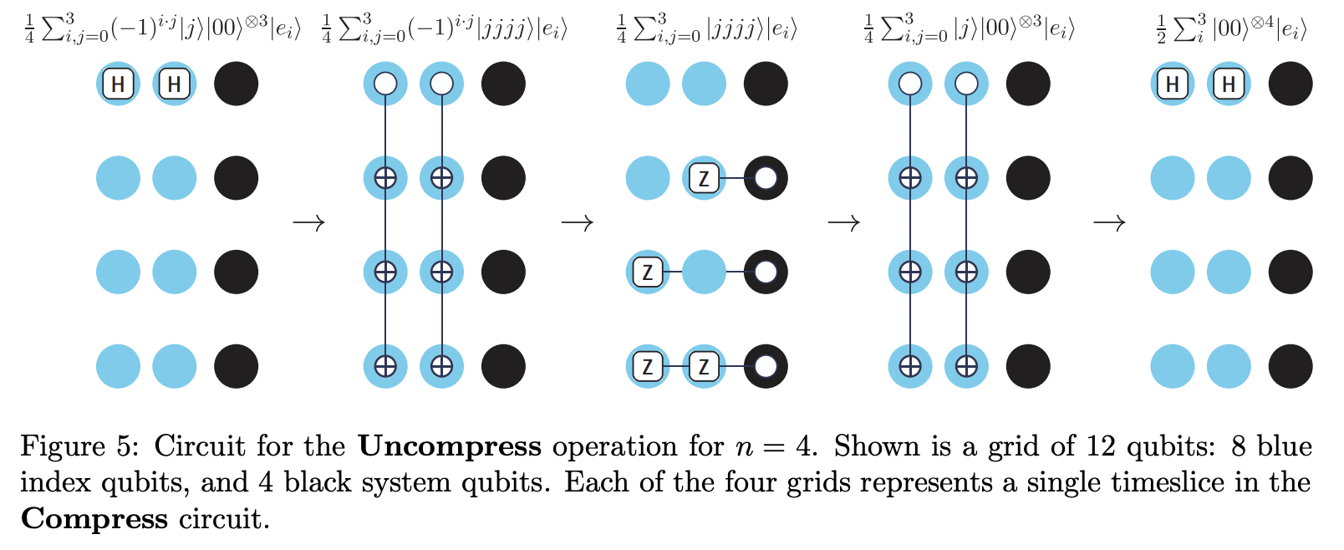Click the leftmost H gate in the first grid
[x=118, y=84]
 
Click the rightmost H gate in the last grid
[x=1229, y=84]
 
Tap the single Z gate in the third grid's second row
[x=704, y=178]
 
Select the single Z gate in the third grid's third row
[x=648, y=272]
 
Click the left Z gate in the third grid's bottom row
[x=648, y=366]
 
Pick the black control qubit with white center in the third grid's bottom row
[x=766, y=366]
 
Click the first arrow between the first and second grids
[x=308, y=223]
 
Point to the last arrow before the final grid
[x=1109, y=223]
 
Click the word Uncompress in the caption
[x=450, y=446]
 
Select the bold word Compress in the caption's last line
[x=94, y=519]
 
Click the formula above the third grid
[x=706, y=29]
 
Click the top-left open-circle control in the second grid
[x=385, y=84]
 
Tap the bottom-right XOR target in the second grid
[x=441, y=366]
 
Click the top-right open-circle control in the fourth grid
[x=966, y=84]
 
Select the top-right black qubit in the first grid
[x=236, y=84]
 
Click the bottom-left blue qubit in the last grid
[x=1173, y=366]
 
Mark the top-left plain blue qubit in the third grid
[x=648, y=84]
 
